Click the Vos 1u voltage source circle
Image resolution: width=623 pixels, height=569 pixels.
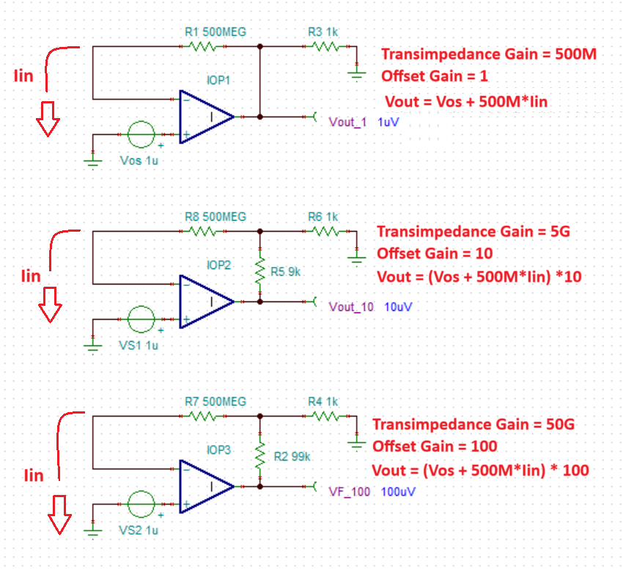click(x=141, y=135)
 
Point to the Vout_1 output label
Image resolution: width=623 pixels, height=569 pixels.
click(x=348, y=122)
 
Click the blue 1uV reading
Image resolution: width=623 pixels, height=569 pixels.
click(x=388, y=122)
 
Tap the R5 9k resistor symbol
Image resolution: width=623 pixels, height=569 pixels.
click(x=259, y=273)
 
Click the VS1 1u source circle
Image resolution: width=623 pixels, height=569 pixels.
click(x=141, y=320)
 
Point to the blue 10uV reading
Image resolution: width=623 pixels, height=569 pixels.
click(x=397, y=306)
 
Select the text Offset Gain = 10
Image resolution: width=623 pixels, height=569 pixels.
click(x=435, y=254)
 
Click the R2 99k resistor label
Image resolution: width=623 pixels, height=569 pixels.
click(x=292, y=456)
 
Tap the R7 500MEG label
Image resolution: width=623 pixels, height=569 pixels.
click(x=215, y=401)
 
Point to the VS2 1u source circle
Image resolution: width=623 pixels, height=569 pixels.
click(x=141, y=504)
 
